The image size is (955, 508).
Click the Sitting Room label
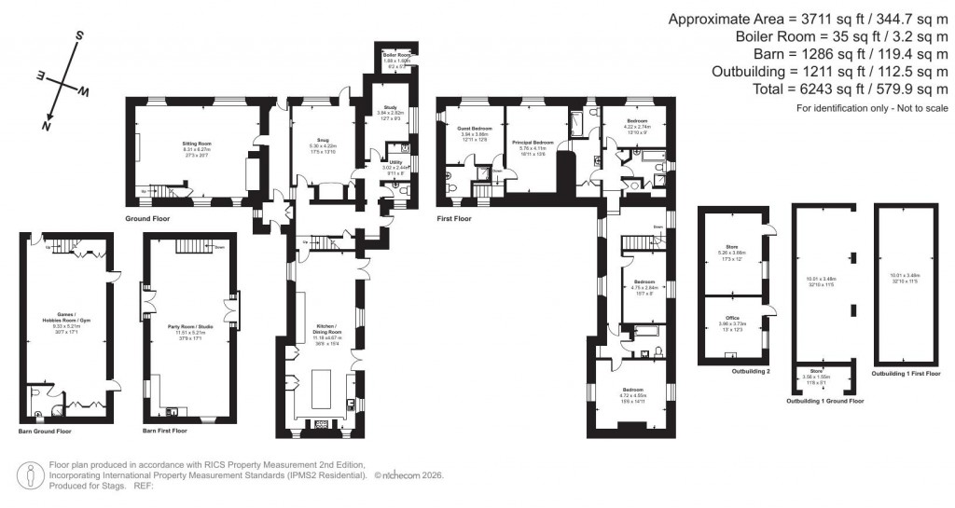(197, 145)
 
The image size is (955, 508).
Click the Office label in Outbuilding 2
(733, 320)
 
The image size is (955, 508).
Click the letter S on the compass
(80, 36)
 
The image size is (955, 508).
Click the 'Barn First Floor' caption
(165, 431)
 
